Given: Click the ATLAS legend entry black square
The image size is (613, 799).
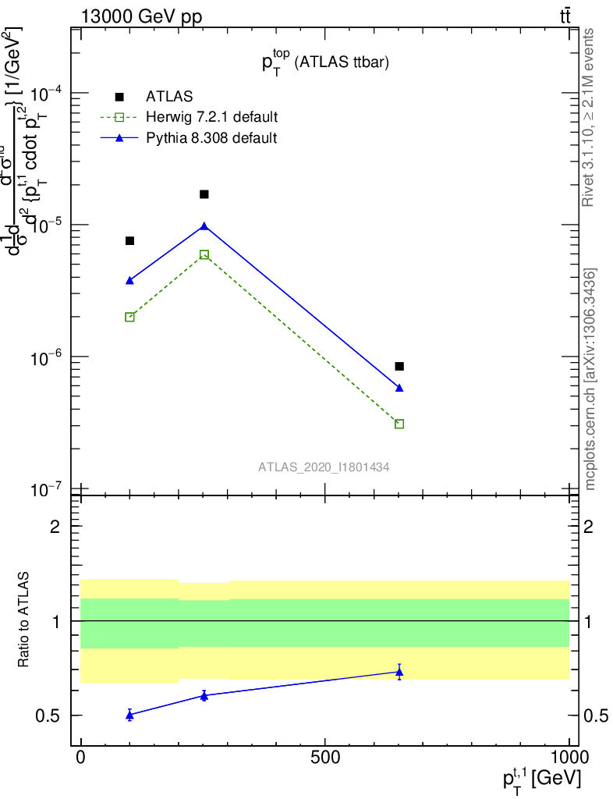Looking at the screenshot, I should pos(119,97).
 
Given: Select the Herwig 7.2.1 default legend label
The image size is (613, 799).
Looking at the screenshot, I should pos(211,117).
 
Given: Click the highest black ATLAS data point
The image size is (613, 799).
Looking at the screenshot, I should pos(204,194).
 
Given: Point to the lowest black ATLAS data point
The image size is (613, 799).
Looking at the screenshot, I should pos(399,366).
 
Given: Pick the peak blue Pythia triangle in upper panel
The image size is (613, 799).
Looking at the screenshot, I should pos(204,226).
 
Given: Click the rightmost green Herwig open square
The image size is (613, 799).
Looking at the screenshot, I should pos(399,424).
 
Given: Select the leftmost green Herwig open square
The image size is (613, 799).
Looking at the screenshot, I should pos(129,317).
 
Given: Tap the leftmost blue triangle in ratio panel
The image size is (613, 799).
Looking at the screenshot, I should pos(129,714).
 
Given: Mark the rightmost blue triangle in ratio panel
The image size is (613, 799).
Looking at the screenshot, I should pos(399,671).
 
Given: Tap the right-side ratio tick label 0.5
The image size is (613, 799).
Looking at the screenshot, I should pos(594,716).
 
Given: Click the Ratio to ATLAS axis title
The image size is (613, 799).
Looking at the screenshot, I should pos(26,621).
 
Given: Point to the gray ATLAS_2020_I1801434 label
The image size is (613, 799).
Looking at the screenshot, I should pos(324,467).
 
